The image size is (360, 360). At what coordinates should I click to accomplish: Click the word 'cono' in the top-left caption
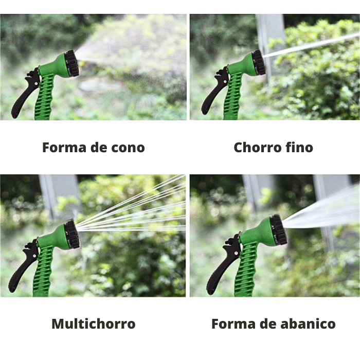[x=128, y=148]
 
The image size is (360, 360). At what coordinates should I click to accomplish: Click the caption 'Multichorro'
[x=94, y=323]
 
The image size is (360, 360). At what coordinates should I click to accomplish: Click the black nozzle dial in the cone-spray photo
[x=73, y=63]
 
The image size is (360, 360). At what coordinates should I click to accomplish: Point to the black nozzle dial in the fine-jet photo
[x=259, y=62]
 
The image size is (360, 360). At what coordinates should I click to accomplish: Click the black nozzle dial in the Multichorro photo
[x=72, y=235]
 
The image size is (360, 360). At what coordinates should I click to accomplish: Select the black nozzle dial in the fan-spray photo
[x=279, y=230]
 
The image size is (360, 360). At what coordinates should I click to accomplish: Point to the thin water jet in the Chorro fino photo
[x=311, y=45]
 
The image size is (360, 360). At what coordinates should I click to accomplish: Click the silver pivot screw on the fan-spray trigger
[x=236, y=253]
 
